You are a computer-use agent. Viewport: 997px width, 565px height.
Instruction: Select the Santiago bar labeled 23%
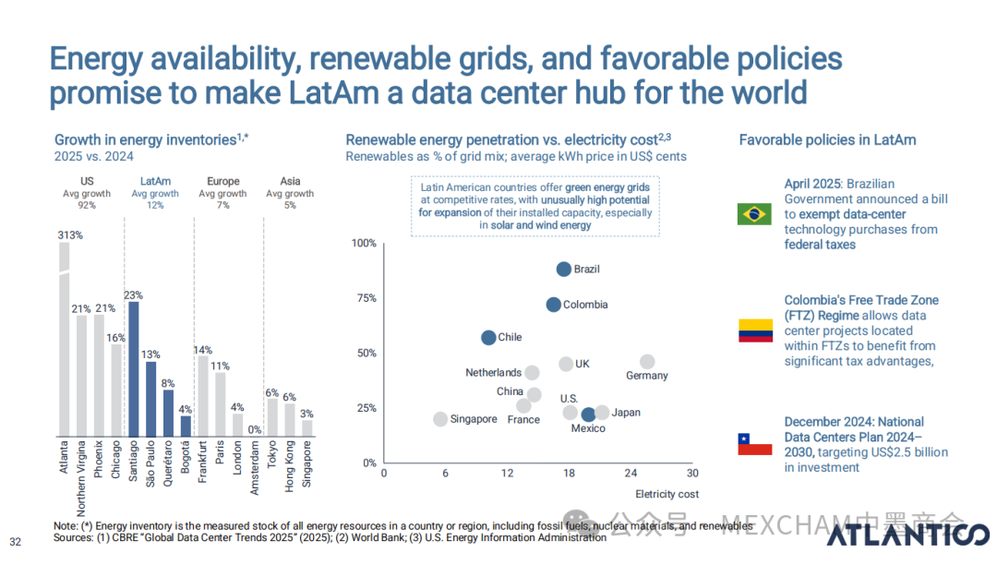(x=133, y=369)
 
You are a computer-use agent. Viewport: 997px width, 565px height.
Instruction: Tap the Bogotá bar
(x=185, y=426)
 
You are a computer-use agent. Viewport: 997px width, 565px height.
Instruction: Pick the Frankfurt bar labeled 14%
(x=203, y=396)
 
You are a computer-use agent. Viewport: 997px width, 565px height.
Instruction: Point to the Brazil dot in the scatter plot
(x=563, y=269)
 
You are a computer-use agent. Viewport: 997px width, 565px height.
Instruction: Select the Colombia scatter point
(x=553, y=305)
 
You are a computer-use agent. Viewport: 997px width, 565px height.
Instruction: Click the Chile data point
(x=488, y=338)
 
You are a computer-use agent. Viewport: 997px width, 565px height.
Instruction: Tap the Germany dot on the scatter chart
(x=647, y=362)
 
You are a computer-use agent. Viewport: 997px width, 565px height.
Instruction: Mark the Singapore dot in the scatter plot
(x=440, y=419)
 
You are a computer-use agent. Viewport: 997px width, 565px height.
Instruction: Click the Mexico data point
(x=588, y=415)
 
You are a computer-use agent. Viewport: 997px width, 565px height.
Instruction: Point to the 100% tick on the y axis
(x=365, y=243)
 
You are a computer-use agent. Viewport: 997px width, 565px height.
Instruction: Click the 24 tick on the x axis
(x=631, y=474)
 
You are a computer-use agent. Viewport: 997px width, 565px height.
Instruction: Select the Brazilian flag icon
(x=754, y=214)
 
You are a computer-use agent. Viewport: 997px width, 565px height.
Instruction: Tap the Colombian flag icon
(x=754, y=331)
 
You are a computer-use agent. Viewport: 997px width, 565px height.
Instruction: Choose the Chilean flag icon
(x=754, y=444)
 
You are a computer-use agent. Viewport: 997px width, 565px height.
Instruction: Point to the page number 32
(x=15, y=541)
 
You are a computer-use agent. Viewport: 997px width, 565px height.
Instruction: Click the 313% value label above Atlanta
(x=70, y=235)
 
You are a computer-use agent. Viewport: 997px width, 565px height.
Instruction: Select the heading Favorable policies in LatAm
(x=827, y=140)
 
